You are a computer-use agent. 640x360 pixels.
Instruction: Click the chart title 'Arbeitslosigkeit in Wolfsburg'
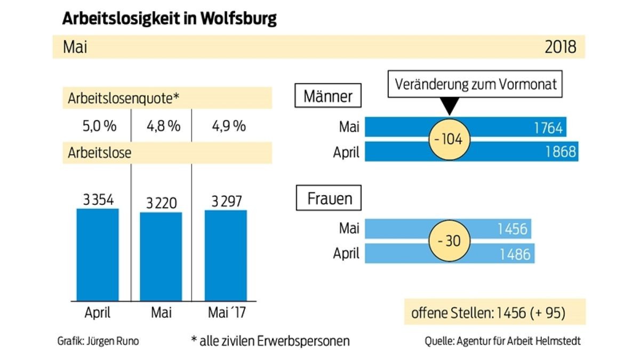tap(170, 18)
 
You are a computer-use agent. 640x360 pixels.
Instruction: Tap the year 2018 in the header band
tap(560, 47)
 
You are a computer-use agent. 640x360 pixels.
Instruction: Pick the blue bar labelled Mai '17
tap(226, 256)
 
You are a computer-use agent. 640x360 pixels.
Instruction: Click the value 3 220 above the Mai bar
tap(161, 203)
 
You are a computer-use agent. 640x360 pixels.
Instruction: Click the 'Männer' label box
tap(328, 97)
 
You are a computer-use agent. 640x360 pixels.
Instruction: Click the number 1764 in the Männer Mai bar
tap(548, 128)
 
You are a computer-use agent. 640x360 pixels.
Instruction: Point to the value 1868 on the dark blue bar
tap(560, 152)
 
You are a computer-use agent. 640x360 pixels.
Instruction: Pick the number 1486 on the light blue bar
tap(515, 254)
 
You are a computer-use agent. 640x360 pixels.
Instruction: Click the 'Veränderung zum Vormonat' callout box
tap(475, 85)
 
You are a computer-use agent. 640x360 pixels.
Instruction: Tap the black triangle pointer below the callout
tap(450, 107)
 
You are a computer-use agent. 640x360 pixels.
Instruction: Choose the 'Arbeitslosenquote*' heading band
tap(167, 99)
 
